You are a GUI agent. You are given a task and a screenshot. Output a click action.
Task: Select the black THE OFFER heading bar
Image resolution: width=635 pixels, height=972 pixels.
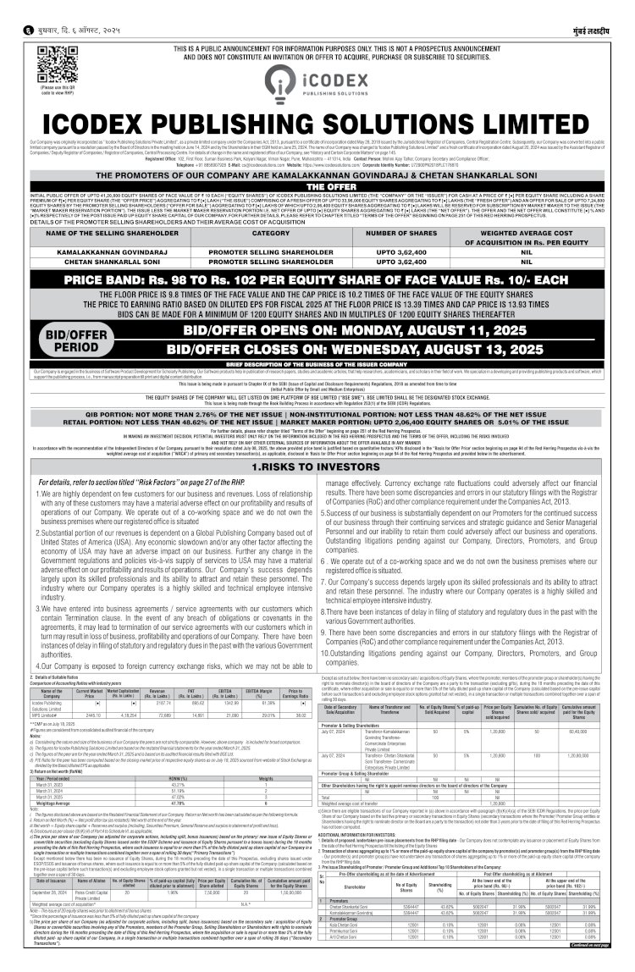coord(317,185)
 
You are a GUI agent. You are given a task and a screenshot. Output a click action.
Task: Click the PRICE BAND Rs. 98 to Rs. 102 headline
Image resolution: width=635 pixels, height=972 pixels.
coord(317,279)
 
